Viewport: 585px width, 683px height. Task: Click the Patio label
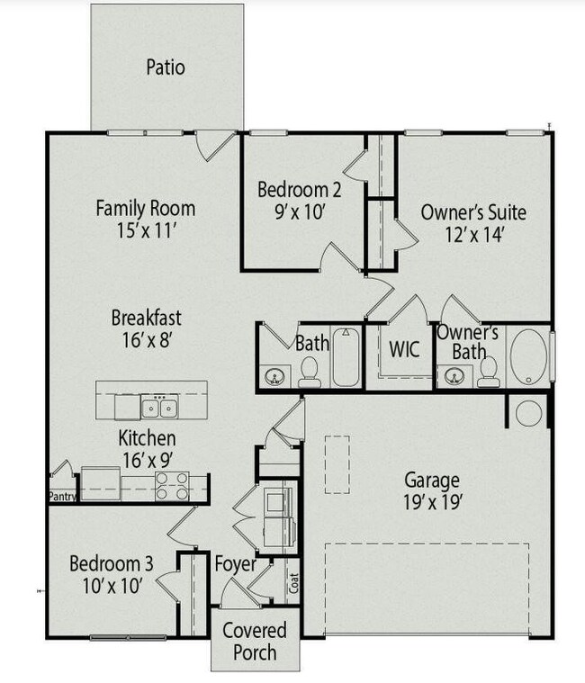pyautogui.click(x=166, y=67)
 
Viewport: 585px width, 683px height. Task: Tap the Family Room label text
pyautogui.click(x=145, y=209)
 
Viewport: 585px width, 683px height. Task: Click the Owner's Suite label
pyautogui.click(x=473, y=213)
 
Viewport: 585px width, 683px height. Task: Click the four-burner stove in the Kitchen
pyautogui.click(x=171, y=486)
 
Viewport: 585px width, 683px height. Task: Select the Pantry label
pyautogui.click(x=63, y=495)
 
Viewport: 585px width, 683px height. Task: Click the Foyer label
pyautogui.click(x=235, y=565)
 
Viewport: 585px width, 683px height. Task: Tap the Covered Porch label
pyautogui.click(x=255, y=641)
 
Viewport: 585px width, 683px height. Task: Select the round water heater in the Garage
pyautogui.click(x=528, y=413)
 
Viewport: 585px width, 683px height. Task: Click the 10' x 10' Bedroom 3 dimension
pyautogui.click(x=112, y=586)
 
